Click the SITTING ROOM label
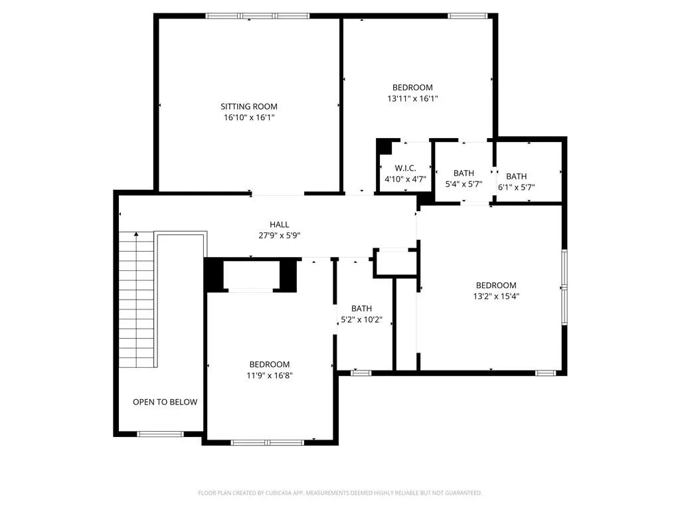(x=249, y=106)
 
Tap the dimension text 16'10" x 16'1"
(x=249, y=117)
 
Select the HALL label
(x=280, y=224)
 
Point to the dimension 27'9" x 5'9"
(x=280, y=236)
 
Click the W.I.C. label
(x=406, y=168)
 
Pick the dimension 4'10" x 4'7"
(x=406, y=179)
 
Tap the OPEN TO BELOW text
(x=165, y=402)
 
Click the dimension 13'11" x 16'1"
(x=412, y=98)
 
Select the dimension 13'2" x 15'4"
(x=496, y=296)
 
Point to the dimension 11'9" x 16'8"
(x=270, y=375)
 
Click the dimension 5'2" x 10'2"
(x=361, y=319)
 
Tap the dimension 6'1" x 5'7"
(x=516, y=187)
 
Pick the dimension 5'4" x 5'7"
(x=464, y=184)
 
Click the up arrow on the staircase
(x=136, y=234)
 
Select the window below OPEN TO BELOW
(x=161, y=434)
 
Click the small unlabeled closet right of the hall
(x=395, y=262)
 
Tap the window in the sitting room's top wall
(x=257, y=16)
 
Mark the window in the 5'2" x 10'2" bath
(x=361, y=373)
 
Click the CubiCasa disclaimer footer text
(x=340, y=493)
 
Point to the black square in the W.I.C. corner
(x=384, y=147)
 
